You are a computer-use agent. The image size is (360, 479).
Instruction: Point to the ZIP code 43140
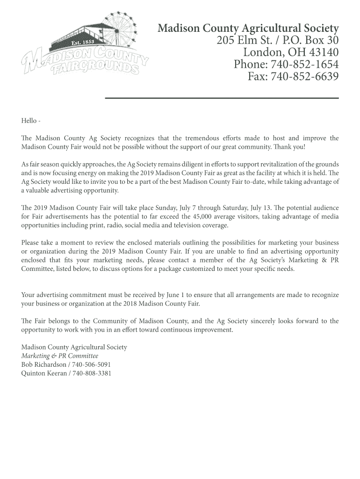click(322, 52)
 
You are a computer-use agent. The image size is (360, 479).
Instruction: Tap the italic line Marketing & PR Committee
click(56, 356)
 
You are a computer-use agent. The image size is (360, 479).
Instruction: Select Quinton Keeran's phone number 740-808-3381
click(91, 373)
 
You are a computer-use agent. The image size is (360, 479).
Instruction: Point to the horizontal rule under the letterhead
click(222, 98)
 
